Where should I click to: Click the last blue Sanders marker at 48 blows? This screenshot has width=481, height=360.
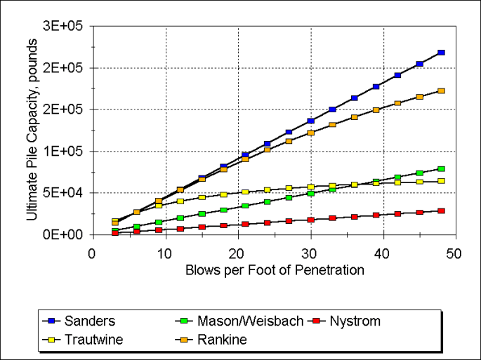pyautogui.click(x=441, y=53)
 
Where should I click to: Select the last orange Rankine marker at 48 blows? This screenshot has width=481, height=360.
pyautogui.click(x=441, y=91)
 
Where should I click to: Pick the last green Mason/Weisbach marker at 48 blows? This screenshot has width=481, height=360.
pyautogui.click(x=441, y=169)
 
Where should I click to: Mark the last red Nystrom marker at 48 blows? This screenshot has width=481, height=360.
pyautogui.click(x=441, y=211)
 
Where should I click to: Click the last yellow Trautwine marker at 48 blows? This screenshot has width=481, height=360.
pyautogui.click(x=441, y=181)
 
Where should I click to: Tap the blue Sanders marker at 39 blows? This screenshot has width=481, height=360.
pyautogui.click(x=376, y=86)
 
